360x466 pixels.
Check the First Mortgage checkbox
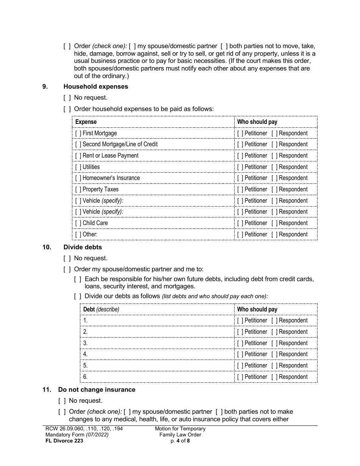[x=78, y=133]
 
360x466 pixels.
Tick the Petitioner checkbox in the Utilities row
[x=240, y=167]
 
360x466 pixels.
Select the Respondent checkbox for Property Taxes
[x=274, y=189]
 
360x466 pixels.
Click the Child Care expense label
[x=95, y=223]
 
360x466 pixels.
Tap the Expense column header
[x=86, y=122]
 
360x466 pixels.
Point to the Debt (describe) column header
[x=101, y=310]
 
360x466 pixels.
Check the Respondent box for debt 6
[x=274, y=377]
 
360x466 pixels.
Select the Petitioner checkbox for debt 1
[x=240, y=321]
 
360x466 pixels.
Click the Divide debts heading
[x=83, y=247]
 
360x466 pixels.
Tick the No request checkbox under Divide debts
[x=67, y=258]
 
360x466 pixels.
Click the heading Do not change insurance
[x=97, y=390]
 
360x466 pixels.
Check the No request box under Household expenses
[x=67, y=98]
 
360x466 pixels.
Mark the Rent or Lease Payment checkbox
[x=78, y=156]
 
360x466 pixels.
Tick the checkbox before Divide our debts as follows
[x=78, y=296]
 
